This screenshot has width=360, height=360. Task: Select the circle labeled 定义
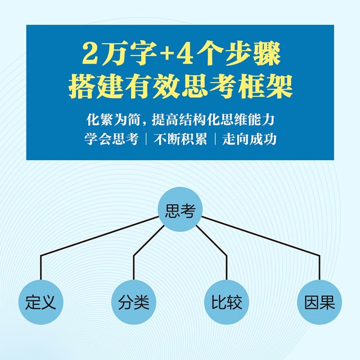41,302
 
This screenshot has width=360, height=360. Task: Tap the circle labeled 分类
134,302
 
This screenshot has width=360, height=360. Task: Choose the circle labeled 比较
226,302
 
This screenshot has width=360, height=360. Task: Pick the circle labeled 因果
319,302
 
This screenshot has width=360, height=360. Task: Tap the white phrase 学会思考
110,139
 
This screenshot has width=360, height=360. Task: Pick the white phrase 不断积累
180,139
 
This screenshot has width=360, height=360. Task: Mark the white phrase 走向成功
250,139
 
